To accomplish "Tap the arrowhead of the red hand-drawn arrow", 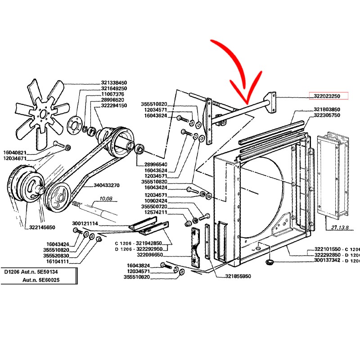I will (x=247, y=100).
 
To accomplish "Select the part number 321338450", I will (x=114, y=83).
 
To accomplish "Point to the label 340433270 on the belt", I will (x=107, y=185).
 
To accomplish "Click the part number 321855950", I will (x=235, y=277).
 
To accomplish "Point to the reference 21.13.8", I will (x=340, y=228).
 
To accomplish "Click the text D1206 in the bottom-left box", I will (x=13, y=272).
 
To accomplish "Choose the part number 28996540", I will (x=155, y=164).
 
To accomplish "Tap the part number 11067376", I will (x=112, y=94).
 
